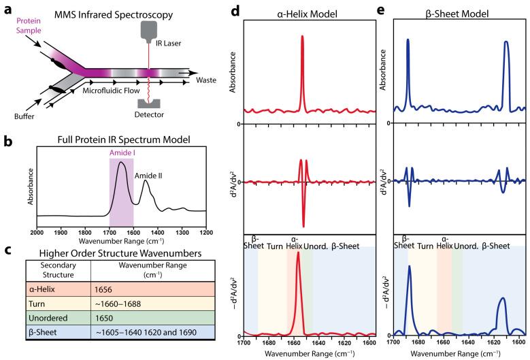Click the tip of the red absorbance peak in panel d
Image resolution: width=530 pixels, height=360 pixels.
pos(302,37)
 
